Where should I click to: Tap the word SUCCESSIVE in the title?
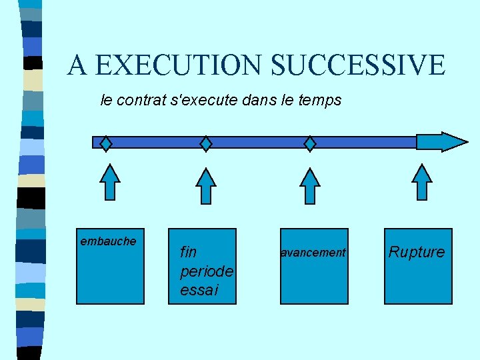point(358,65)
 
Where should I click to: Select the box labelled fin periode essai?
point(202,267)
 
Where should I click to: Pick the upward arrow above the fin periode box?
point(207,185)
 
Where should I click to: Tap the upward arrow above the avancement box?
point(310,185)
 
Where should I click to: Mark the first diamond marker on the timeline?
point(106,143)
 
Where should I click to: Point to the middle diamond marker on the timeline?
point(207,143)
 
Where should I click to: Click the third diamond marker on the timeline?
point(311,143)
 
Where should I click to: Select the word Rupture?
point(417,252)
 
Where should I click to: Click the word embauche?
point(108,241)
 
